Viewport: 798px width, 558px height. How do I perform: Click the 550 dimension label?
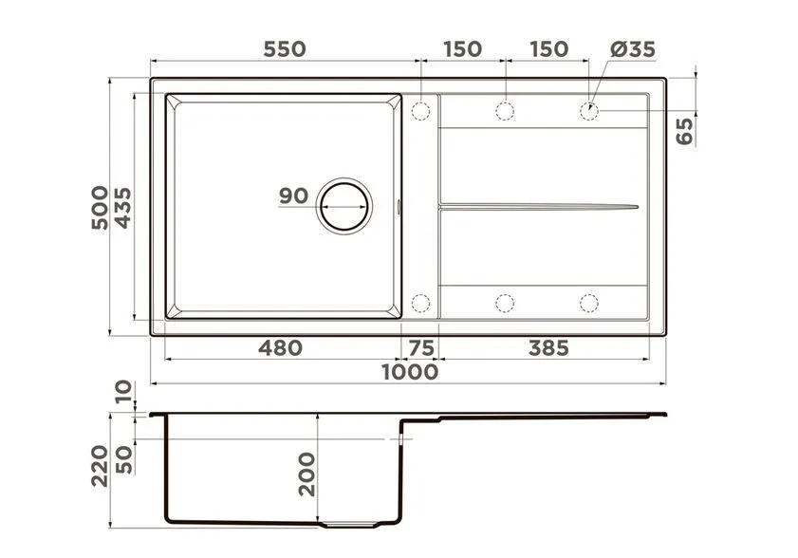click(285, 49)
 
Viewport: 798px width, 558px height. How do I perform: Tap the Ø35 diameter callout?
click(633, 49)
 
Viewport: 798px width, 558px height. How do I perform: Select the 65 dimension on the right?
click(684, 131)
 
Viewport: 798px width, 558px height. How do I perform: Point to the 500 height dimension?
click(100, 207)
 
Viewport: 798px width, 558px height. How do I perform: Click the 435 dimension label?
click(122, 207)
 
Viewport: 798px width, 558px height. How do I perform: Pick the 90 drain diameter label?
click(293, 195)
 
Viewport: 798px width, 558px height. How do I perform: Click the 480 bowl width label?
click(280, 347)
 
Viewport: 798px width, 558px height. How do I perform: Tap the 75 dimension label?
click(421, 348)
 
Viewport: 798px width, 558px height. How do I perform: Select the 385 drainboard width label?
click(548, 348)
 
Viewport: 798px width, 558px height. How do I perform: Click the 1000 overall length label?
click(410, 372)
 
